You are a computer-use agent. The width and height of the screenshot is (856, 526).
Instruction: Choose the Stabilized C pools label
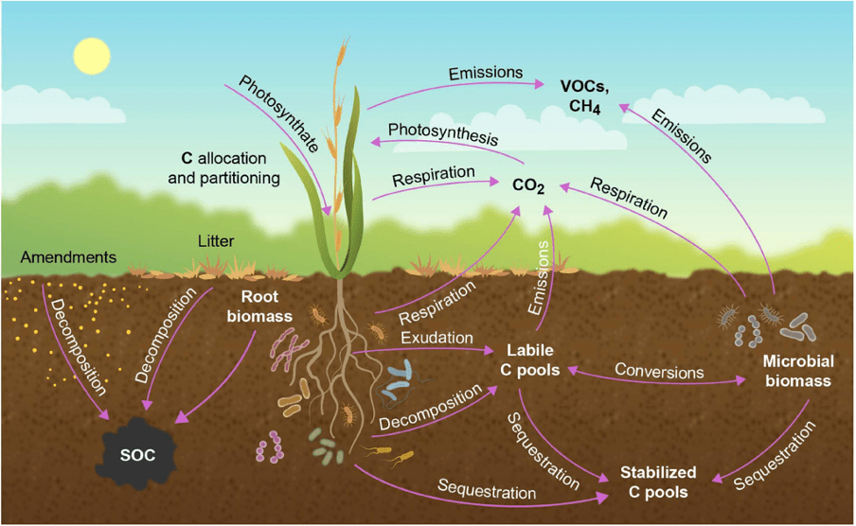(x=658, y=482)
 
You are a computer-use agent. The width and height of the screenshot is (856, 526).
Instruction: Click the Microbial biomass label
(x=796, y=371)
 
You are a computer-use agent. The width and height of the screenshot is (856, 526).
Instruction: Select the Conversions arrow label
(x=659, y=371)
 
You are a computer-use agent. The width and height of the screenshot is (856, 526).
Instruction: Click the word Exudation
(x=435, y=337)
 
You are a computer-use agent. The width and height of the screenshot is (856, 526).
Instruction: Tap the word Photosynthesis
(x=442, y=132)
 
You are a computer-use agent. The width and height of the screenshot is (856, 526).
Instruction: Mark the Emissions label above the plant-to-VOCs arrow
(x=485, y=73)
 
